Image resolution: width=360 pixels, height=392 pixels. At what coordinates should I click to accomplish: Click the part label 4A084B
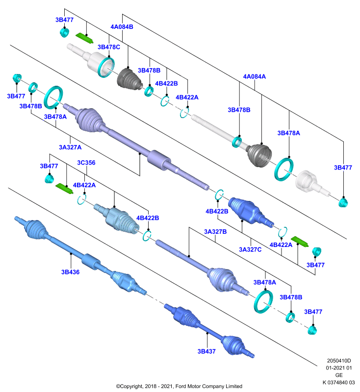(122, 27)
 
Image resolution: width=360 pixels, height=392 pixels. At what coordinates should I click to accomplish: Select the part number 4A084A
(255, 76)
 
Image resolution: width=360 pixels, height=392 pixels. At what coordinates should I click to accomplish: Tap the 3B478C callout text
(109, 47)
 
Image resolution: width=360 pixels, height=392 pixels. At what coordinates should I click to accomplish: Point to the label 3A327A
(70, 147)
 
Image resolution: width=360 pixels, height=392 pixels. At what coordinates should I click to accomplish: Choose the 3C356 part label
(86, 163)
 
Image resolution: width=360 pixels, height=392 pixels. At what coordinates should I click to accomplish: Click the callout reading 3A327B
(215, 232)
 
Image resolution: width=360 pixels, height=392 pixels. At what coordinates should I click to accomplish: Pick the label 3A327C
(250, 249)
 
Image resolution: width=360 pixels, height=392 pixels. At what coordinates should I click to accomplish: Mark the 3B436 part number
(70, 272)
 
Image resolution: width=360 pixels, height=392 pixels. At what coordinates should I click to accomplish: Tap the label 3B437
(206, 351)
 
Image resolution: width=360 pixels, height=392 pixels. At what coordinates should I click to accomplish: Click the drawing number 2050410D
(339, 361)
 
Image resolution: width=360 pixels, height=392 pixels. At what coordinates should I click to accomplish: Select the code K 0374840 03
(339, 383)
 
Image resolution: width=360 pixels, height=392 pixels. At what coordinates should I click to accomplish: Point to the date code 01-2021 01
(339, 368)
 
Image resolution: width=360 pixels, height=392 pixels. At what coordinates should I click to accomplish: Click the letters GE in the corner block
(339, 375)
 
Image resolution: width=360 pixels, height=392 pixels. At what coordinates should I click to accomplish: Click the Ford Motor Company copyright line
(179, 386)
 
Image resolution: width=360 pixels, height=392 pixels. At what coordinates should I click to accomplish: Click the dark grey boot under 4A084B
(129, 78)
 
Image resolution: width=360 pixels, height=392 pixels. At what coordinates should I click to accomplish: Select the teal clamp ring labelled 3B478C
(106, 67)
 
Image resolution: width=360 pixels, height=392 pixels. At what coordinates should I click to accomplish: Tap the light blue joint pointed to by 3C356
(117, 219)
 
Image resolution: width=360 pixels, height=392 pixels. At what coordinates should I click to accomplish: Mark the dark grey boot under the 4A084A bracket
(259, 155)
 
